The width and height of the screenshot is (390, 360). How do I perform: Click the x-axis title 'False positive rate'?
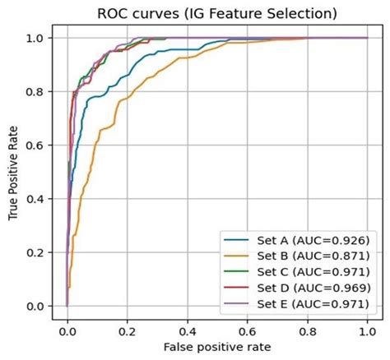(216, 348)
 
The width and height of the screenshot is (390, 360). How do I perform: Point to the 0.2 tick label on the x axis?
(128, 330)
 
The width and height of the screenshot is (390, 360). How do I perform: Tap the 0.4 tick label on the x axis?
(188, 330)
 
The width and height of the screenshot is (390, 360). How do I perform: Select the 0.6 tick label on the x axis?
(248, 330)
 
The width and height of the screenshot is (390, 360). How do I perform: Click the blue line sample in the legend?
(235, 240)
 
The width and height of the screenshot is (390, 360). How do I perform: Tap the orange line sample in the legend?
(235, 256)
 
